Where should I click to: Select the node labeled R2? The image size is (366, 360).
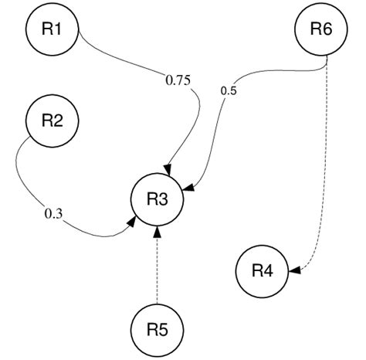[x=53, y=121]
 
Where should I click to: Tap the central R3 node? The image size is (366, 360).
[x=158, y=199]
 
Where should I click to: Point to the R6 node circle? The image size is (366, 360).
[x=320, y=29]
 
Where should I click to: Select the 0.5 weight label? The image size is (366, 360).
[x=229, y=90]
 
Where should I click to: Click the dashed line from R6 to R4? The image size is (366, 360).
[x=330, y=155]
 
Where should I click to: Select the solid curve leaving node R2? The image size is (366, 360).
[x=19, y=178]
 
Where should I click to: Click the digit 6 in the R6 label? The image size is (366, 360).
[x=327, y=29]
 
